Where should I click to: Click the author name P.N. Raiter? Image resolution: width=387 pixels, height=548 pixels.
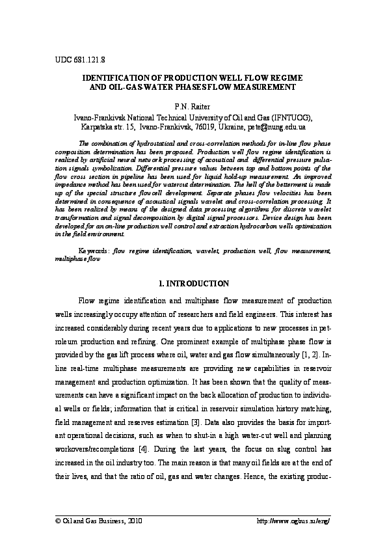pyautogui.click(x=193, y=105)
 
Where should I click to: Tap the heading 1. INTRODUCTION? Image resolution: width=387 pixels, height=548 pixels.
pyautogui.click(x=193, y=284)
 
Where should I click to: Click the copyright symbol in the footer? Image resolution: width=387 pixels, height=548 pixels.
pyautogui.click(x=59, y=521)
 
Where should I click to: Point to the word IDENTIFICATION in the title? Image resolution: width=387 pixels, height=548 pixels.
pyautogui.click(x=114, y=76)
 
